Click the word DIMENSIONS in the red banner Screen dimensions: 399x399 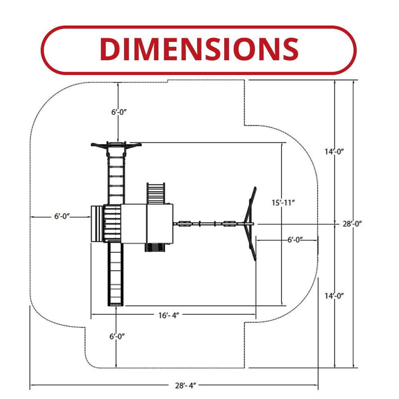click(x=199, y=49)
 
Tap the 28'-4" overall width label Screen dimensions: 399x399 click(x=185, y=385)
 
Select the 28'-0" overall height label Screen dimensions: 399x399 click(x=352, y=224)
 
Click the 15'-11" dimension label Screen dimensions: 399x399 click(x=283, y=202)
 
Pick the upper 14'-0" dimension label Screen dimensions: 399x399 click(x=334, y=151)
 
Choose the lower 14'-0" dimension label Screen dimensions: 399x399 click(x=334, y=296)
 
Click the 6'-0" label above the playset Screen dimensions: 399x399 click(x=119, y=112)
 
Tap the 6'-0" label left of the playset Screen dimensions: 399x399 click(x=62, y=216)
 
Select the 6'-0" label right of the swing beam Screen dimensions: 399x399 click(x=295, y=239)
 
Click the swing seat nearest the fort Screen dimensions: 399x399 click(x=185, y=223)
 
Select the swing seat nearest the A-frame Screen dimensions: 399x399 click(x=229, y=223)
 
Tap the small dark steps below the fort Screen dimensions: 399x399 click(x=154, y=247)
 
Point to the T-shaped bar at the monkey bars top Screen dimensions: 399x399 click(x=116, y=145)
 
